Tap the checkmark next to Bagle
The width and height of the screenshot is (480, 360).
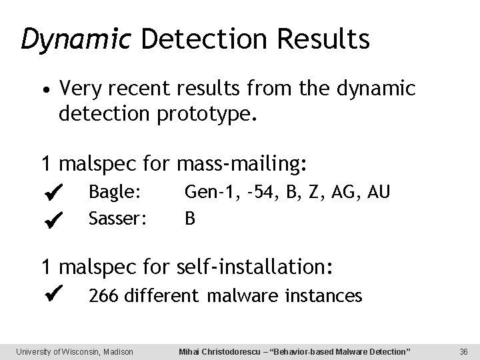(x=55, y=193)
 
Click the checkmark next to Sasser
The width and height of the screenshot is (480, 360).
(x=55, y=218)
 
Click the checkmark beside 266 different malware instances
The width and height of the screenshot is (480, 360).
(x=55, y=291)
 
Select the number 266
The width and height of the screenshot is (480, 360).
(x=104, y=295)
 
